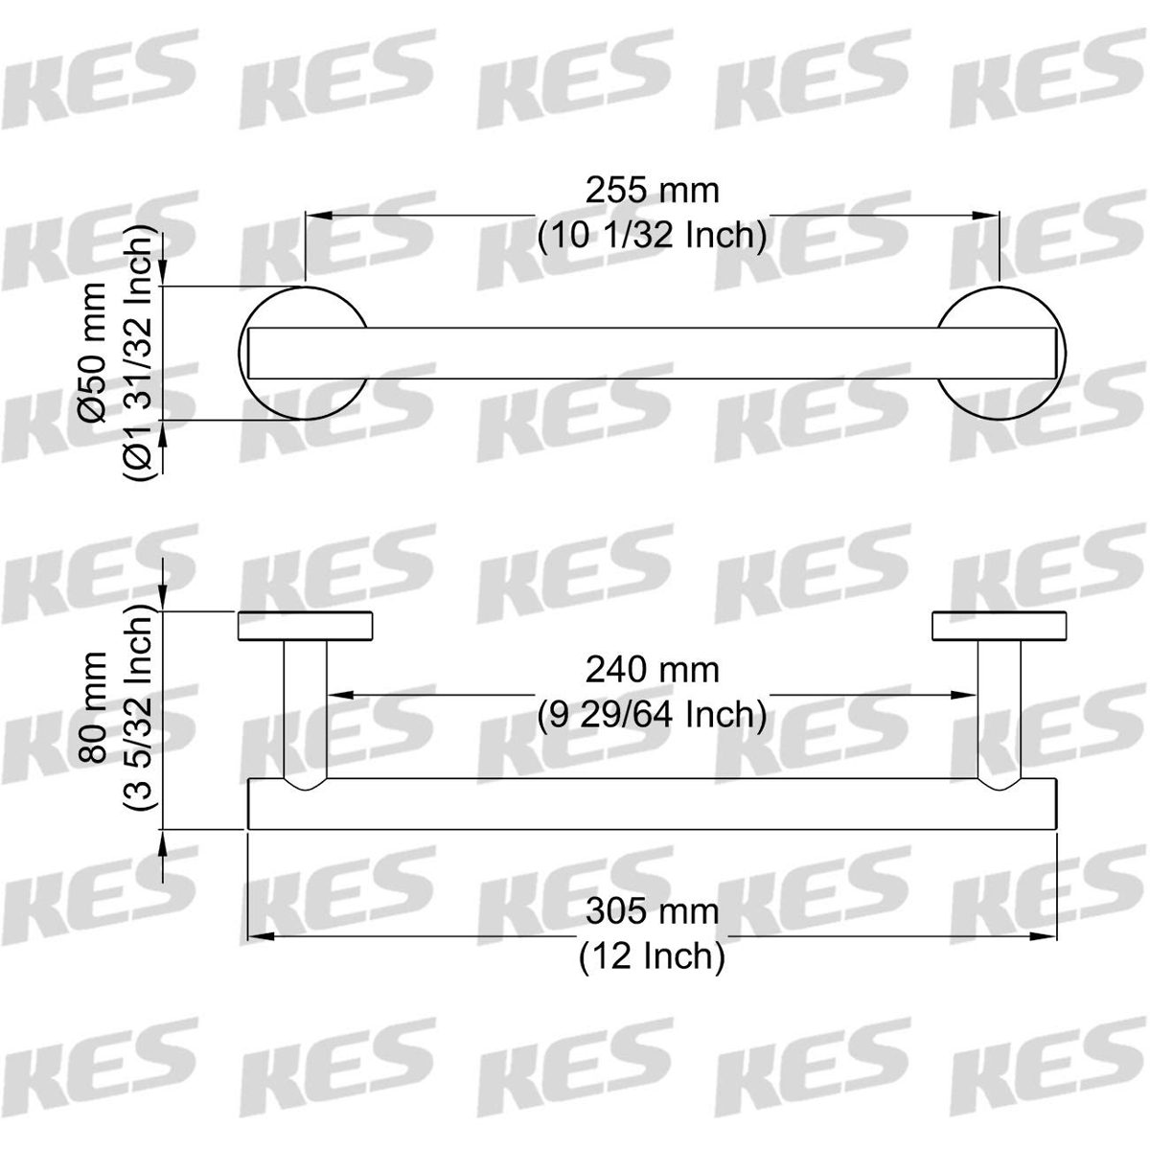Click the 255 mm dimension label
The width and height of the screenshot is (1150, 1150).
[x=652, y=192]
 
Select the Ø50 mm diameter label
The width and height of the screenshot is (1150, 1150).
[x=94, y=353]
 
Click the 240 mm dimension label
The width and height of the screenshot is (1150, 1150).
[x=652, y=670]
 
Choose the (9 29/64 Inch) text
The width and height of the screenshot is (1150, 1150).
[x=652, y=714]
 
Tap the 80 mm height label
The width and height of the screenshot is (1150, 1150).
[x=94, y=707]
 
